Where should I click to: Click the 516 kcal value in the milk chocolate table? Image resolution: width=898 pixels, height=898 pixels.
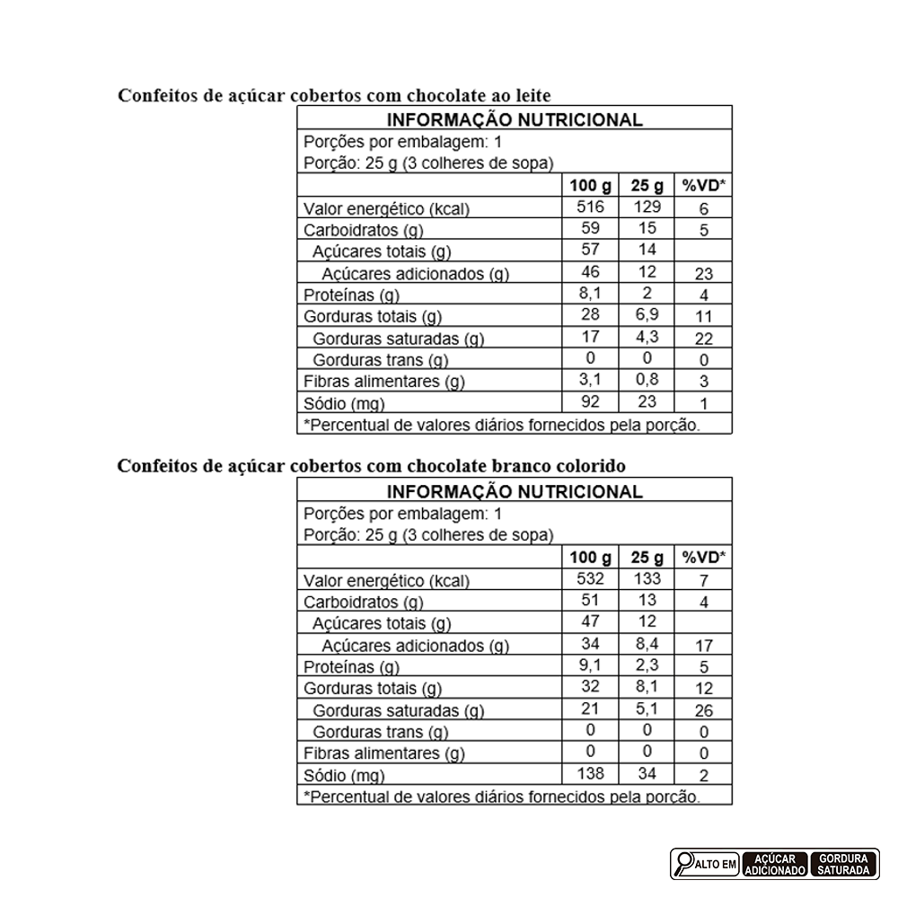pyautogui.click(x=590, y=207)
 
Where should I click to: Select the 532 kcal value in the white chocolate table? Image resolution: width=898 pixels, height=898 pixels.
pyautogui.click(x=590, y=579)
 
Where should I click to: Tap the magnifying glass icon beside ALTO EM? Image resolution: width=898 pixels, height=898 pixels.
pyautogui.click(x=684, y=864)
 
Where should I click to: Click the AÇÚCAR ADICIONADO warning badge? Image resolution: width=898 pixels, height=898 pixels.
pyautogui.click(x=774, y=864)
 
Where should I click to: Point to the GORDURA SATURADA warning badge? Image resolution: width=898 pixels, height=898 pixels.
pyautogui.click(x=844, y=864)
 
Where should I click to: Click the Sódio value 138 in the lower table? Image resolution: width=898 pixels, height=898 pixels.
pyautogui.click(x=590, y=773)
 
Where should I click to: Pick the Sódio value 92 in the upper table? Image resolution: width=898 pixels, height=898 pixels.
pyautogui.click(x=590, y=401)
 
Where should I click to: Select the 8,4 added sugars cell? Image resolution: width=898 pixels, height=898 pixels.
pyautogui.click(x=646, y=644)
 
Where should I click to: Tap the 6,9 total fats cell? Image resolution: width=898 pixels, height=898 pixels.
pyautogui.click(x=646, y=315)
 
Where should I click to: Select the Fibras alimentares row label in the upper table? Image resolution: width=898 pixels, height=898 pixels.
pyautogui.click(x=384, y=382)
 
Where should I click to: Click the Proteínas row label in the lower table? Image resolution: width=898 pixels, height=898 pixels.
pyautogui.click(x=351, y=667)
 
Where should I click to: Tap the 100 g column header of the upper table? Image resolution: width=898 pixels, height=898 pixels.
pyautogui.click(x=590, y=186)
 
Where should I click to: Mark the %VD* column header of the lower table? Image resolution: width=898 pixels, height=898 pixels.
pyautogui.click(x=704, y=558)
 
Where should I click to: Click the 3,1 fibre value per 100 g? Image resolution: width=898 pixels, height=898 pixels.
pyautogui.click(x=590, y=380)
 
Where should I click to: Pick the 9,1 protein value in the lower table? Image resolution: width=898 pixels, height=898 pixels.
pyautogui.click(x=590, y=665)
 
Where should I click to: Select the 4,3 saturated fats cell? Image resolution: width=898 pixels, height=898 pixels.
pyautogui.click(x=646, y=337)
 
